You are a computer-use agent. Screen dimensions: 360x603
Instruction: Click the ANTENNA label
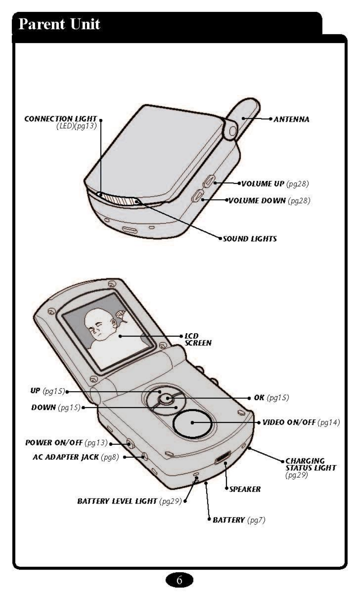pyautogui.click(x=292, y=120)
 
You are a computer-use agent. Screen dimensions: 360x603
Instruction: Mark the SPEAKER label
pyautogui.click(x=245, y=489)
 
